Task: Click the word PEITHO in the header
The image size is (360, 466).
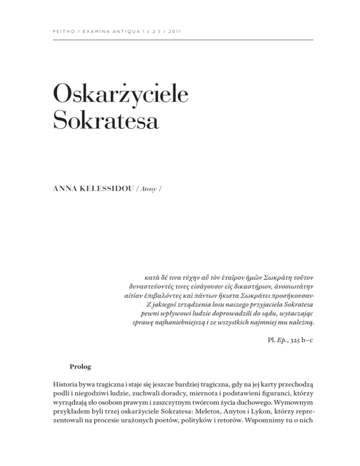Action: coord(58,32)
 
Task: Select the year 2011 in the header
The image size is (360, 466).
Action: coord(174,32)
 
